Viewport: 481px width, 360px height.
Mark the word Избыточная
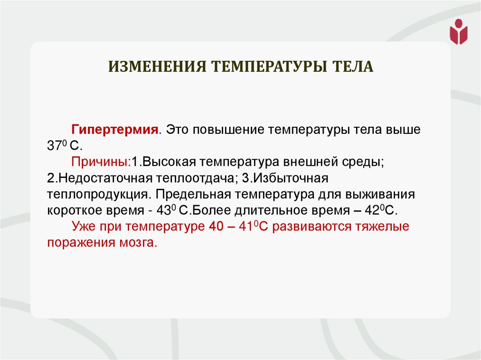287,179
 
